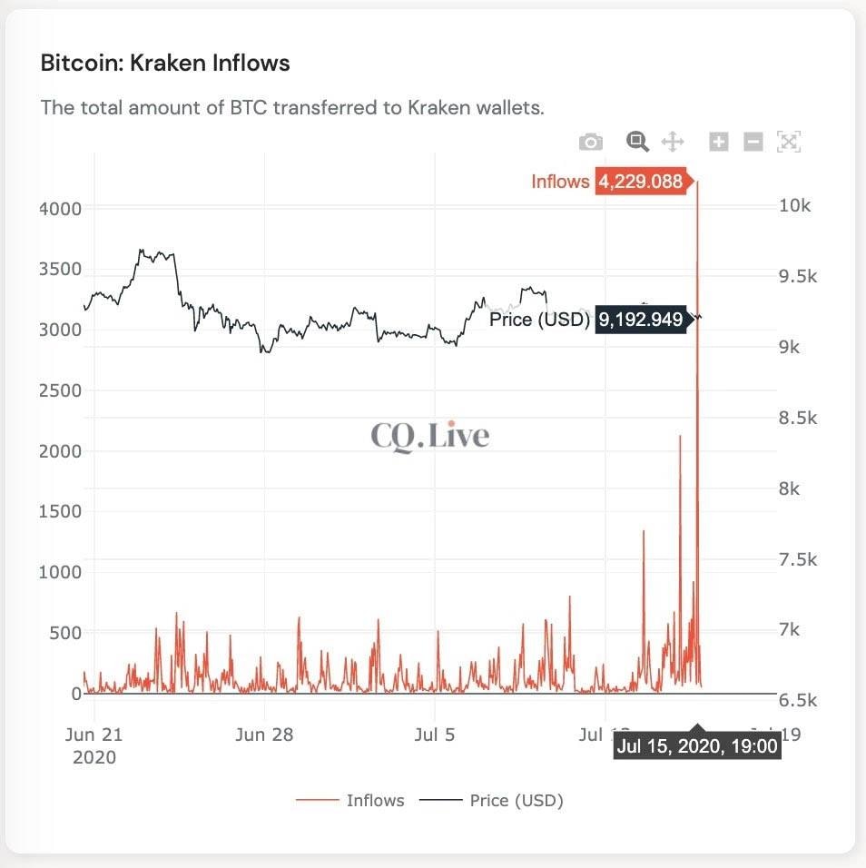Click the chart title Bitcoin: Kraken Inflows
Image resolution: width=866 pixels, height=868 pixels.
click(x=165, y=64)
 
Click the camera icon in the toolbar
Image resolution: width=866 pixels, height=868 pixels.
click(x=591, y=142)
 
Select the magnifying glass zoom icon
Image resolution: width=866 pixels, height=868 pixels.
click(x=637, y=142)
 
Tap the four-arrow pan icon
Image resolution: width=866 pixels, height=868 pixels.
click(x=672, y=142)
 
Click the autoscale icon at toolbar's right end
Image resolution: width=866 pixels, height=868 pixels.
click(x=788, y=142)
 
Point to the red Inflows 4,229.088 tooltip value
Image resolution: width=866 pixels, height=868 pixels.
click(x=640, y=182)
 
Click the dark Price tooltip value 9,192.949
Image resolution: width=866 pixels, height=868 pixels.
click(x=640, y=320)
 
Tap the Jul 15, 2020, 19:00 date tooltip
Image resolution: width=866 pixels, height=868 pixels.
click(x=697, y=746)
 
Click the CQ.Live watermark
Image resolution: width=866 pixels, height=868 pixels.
click(x=429, y=437)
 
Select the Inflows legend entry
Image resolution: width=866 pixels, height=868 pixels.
click(x=374, y=800)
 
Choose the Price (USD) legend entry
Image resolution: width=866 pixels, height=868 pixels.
click(x=516, y=800)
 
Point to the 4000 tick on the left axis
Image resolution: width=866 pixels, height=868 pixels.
click(x=59, y=209)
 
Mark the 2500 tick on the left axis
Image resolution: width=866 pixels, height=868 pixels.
click(x=59, y=390)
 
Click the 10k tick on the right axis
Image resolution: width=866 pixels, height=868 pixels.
click(x=794, y=206)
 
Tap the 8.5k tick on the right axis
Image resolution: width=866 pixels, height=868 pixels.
click(x=798, y=419)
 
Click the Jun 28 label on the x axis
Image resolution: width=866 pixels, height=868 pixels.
click(x=264, y=735)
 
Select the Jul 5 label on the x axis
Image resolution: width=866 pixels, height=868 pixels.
click(x=434, y=735)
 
